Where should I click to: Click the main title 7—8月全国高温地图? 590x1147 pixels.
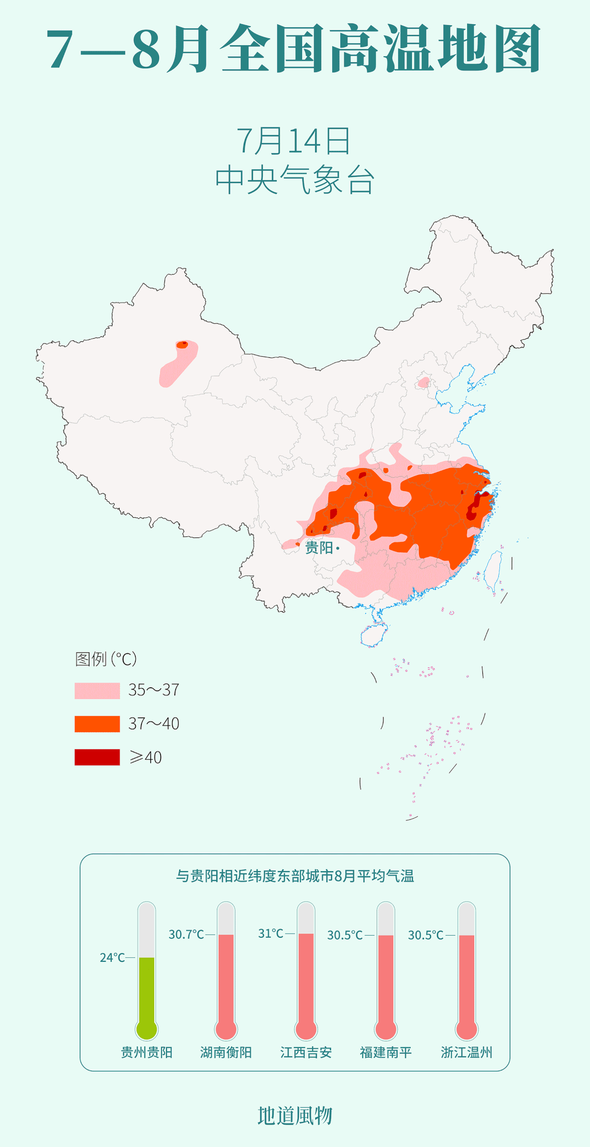[x=294, y=49]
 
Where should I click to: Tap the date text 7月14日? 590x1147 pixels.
[x=294, y=141]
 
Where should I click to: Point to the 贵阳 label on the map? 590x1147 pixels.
[x=319, y=547]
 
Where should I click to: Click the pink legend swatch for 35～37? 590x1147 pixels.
[x=97, y=690]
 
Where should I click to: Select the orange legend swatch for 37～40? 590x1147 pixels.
[x=97, y=724]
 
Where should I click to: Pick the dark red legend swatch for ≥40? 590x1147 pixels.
[x=97, y=757]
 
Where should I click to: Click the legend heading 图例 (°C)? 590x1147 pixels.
[x=105, y=659]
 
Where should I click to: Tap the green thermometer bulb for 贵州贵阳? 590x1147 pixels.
[x=146, y=1029]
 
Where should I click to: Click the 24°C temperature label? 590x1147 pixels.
[x=112, y=957]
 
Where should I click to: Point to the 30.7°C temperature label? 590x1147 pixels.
[x=186, y=935]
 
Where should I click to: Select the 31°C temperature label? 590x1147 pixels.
[x=270, y=933]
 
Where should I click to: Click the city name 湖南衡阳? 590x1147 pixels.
[x=226, y=1052]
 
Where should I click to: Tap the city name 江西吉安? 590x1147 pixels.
[x=306, y=1052]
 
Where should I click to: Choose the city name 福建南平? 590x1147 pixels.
[x=386, y=1052]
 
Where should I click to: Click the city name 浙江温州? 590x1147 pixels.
[x=467, y=1052]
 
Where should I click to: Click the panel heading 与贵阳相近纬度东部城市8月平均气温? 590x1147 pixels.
[x=294, y=876]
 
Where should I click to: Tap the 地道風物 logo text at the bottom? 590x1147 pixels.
[x=294, y=1115]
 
